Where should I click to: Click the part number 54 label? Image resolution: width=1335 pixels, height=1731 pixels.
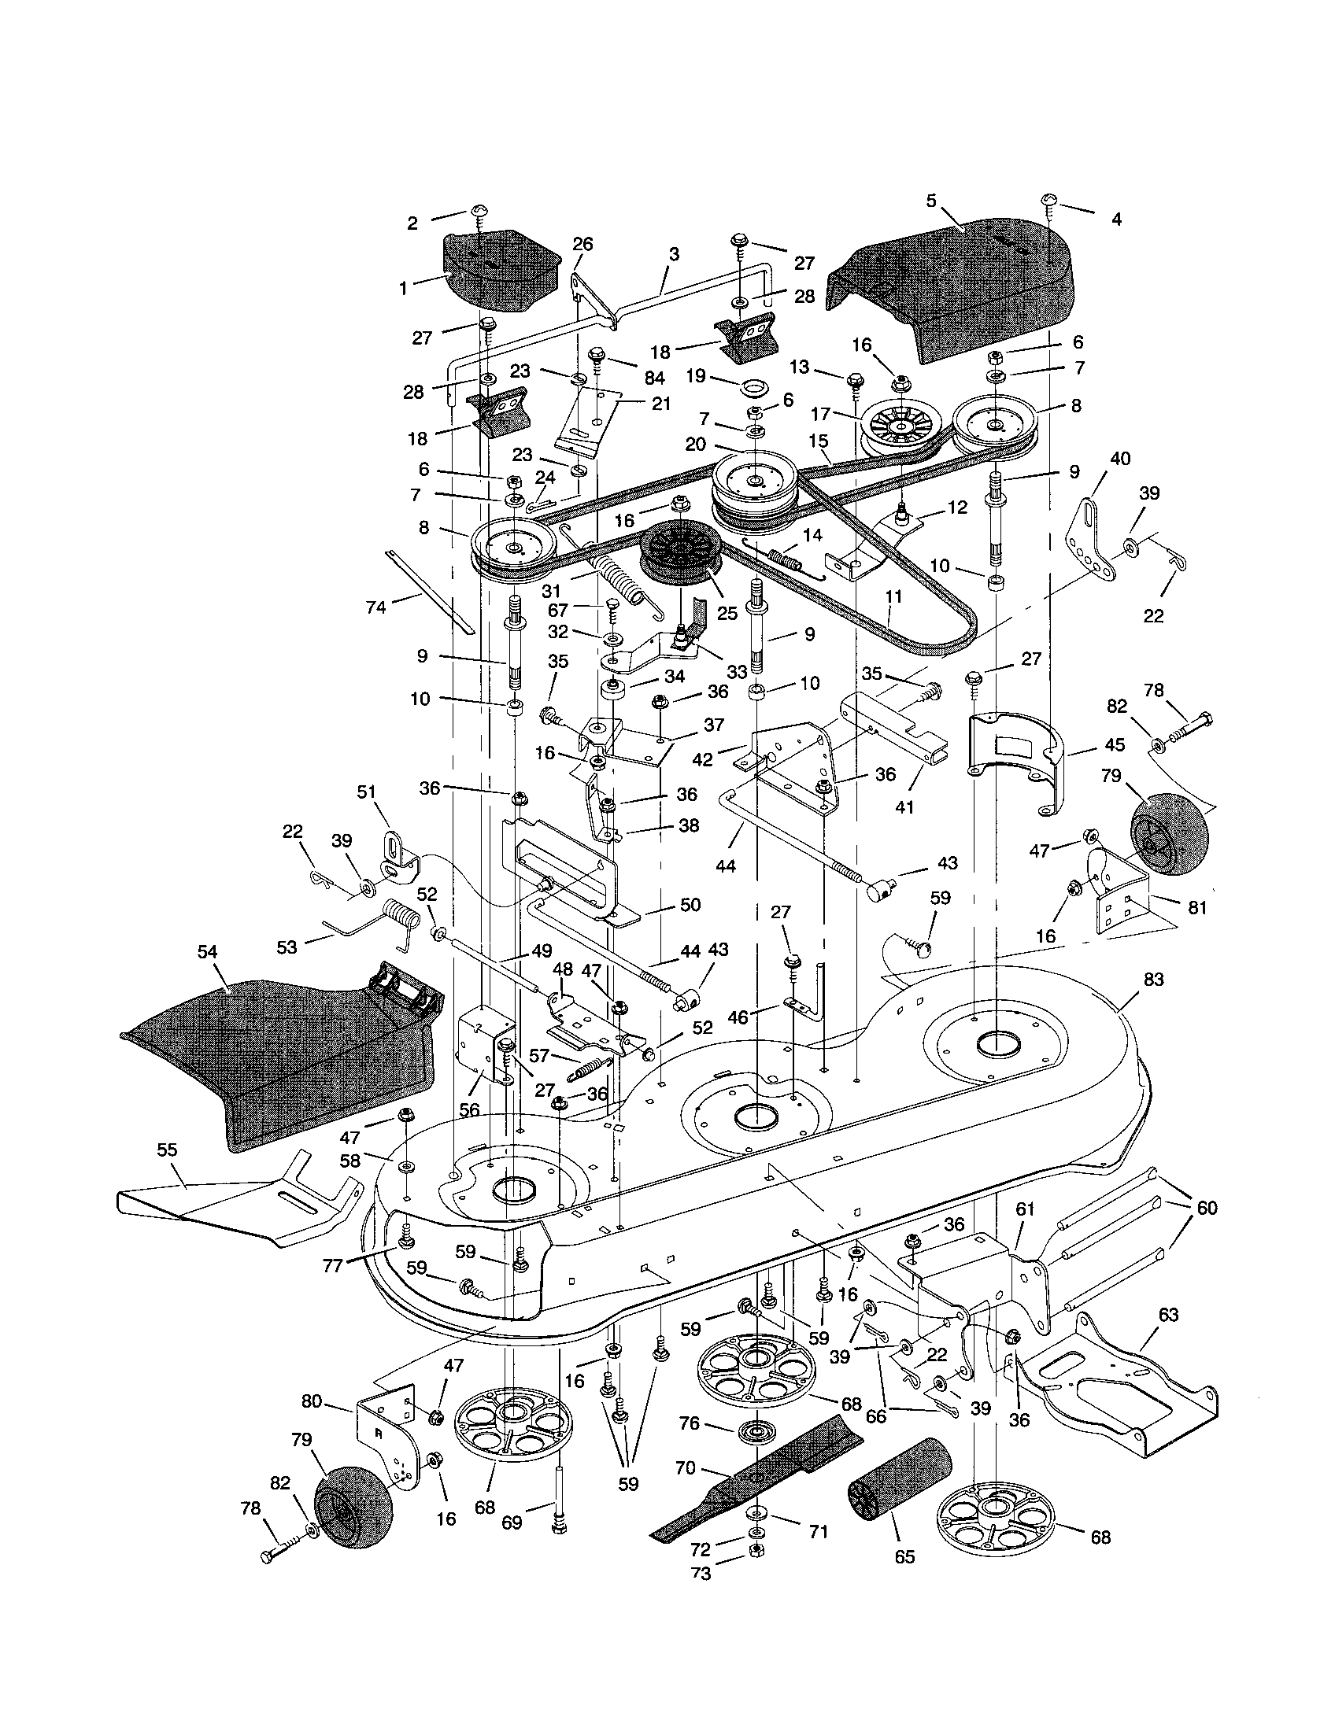[x=208, y=952]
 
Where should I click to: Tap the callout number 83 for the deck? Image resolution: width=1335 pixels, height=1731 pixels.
[x=1152, y=980]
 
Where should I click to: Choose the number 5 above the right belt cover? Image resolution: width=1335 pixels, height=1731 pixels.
[x=930, y=201]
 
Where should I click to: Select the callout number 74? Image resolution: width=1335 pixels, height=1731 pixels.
[x=375, y=608]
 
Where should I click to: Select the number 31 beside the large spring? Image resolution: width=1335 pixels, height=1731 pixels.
[x=551, y=591]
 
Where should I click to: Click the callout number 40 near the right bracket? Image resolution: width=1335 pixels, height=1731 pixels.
[x=1120, y=458]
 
